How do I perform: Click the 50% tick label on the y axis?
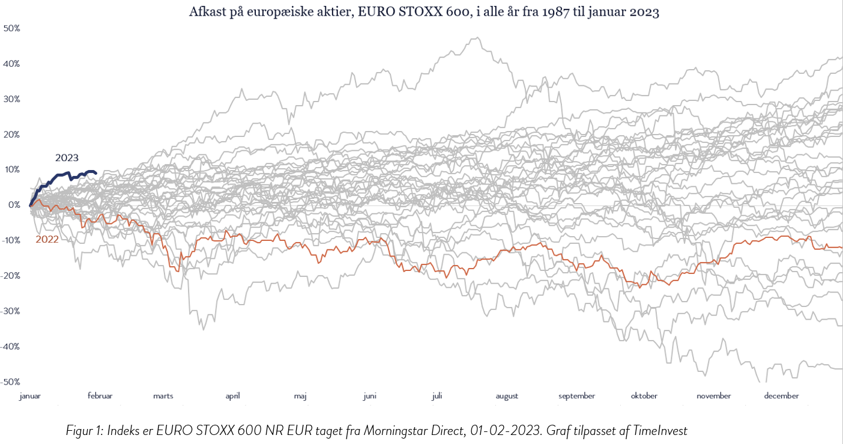pos(12,28)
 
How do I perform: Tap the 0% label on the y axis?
pos(14,205)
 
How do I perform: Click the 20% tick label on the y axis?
pos(12,135)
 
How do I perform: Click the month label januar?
pos(30,396)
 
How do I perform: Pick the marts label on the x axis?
pos(163,396)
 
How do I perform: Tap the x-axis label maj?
pos(300,396)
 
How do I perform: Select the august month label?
pos(507,396)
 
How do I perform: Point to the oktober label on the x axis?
pos(644,396)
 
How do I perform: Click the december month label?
pos(782,396)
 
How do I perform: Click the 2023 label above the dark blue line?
pos(67,158)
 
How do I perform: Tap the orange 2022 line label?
pos(47,239)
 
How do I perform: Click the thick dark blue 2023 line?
pos(60,175)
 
